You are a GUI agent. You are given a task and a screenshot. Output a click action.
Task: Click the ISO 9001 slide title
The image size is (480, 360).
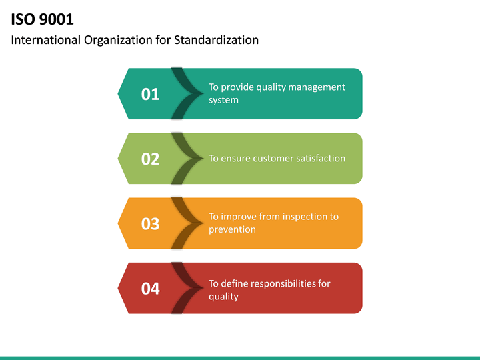click(x=42, y=19)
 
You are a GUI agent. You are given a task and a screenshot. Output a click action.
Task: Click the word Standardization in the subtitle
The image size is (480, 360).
click(x=216, y=40)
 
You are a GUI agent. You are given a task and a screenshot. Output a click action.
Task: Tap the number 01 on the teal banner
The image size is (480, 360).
click(x=151, y=94)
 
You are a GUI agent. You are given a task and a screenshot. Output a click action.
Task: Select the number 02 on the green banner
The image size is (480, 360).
click(x=151, y=159)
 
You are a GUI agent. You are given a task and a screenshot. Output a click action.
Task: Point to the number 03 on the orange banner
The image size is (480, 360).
click(x=151, y=223)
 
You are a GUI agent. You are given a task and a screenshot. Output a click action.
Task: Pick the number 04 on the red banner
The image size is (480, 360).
click(x=151, y=288)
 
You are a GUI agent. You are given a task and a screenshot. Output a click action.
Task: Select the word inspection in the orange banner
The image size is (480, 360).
click(x=305, y=217)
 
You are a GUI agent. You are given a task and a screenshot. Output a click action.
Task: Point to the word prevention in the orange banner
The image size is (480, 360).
click(x=232, y=229)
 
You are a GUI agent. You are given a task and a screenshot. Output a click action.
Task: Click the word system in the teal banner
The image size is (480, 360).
click(x=223, y=100)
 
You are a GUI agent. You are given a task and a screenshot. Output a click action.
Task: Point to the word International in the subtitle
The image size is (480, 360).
click(x=45, y=40)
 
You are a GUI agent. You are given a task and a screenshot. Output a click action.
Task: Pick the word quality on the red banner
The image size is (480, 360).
click(x=223, y=296)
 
